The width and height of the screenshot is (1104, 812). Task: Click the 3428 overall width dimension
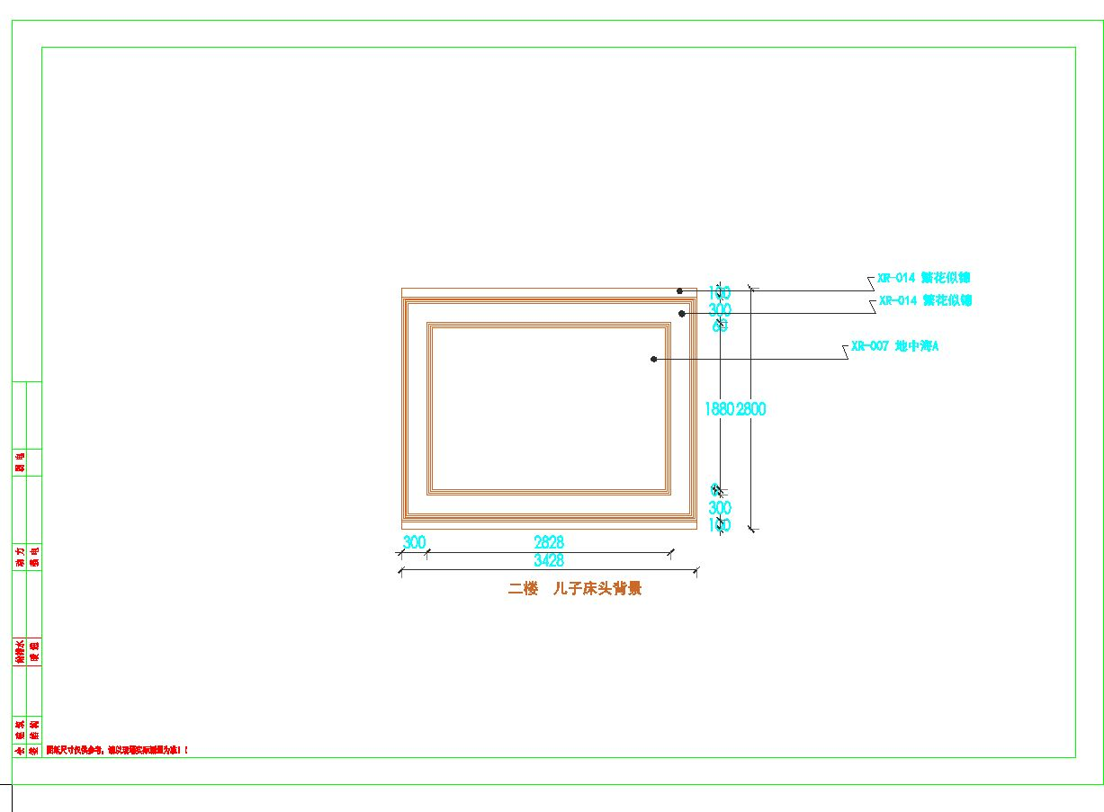[549, 560]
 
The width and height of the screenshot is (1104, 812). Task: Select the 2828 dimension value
[549, 542]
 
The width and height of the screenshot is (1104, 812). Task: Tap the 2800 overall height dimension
[751, 409]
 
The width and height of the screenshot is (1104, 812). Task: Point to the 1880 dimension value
[720, 409]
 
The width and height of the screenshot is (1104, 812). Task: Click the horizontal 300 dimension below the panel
[414, 542]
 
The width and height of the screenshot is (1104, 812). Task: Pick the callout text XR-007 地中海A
[894, 346]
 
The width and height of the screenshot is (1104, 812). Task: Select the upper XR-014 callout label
[924, 278]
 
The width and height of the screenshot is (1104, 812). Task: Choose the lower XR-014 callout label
[925, 300]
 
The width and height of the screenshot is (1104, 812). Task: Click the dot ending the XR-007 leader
[654, 359]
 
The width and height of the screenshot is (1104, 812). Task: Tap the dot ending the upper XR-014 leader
[680, 290]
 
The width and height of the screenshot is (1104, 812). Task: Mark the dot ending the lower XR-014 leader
[682, 313]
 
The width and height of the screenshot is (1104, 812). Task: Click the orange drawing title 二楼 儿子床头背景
[575, 589]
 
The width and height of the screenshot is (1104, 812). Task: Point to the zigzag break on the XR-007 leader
[845, 352]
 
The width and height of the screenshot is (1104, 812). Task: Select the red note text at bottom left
[118, 749]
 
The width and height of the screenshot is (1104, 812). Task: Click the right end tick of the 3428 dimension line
[696, 569]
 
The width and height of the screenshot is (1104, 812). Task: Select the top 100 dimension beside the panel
[720, 292]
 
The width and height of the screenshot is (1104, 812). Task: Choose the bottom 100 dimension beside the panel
[720, 524]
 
